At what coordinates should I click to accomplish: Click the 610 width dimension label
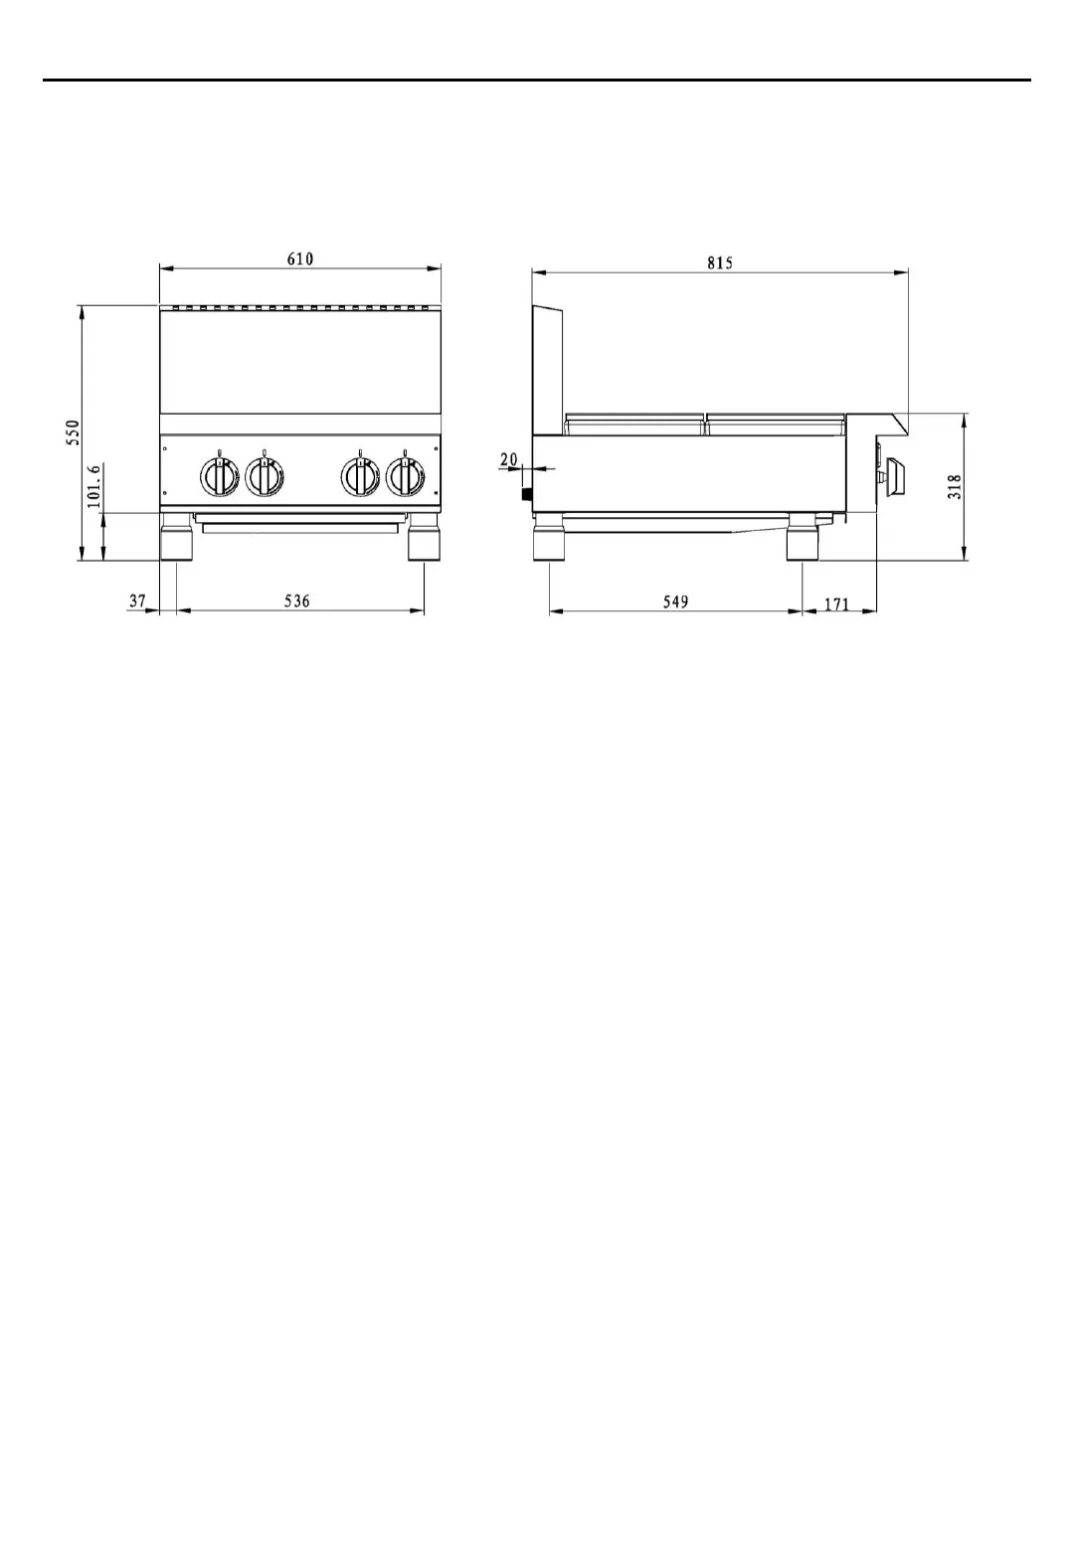coord(300,258)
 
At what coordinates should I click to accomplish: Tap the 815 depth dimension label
coord(719,263)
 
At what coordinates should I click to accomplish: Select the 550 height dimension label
coord(74,432)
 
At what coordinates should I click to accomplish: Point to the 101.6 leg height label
coord(94,486)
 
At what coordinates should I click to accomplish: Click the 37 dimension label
coord(138,601)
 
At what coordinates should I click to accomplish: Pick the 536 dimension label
coord(296,601)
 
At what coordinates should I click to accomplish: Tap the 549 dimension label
coord(675,602)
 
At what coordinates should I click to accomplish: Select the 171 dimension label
coord(836,604)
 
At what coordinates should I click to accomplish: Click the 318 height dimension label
coord(955,487)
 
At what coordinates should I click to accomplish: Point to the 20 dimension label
coord(508,459)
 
